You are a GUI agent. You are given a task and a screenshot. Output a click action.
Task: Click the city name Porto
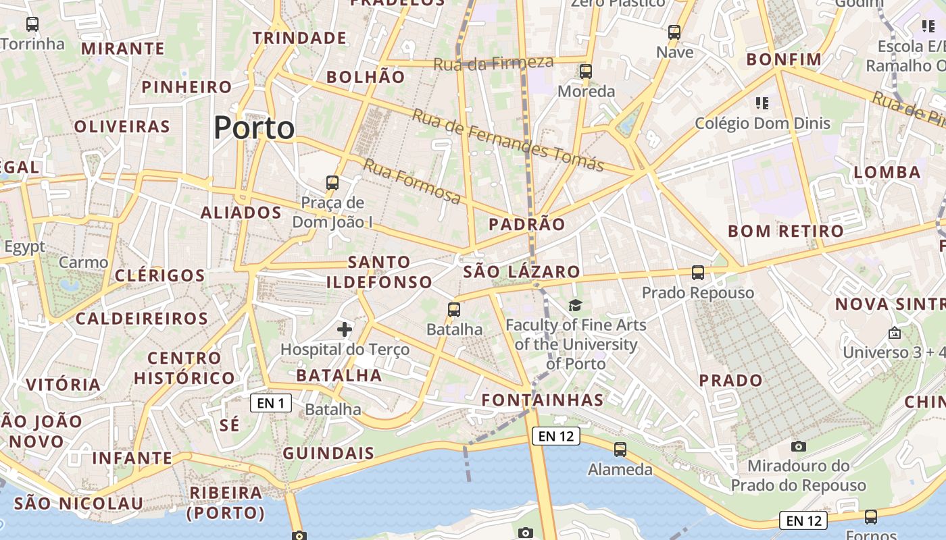click(254, 128)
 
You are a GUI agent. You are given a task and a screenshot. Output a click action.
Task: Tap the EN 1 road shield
click(271, 403)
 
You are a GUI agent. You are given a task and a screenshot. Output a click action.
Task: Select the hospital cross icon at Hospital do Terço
click(345, 329)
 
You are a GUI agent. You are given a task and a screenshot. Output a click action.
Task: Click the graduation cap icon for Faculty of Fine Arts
click(575, 306)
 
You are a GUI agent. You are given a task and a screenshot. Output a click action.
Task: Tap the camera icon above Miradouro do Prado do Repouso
click(798, 446)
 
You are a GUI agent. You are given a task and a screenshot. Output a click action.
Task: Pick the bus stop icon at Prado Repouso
click(698, 273)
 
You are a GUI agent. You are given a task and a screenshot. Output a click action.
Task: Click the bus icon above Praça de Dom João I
click(332, 182)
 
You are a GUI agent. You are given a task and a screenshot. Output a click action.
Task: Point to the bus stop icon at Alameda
click(620, 449)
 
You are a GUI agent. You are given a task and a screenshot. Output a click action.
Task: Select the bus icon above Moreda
click(585, 71)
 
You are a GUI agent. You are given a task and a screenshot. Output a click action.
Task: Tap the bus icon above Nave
click(674, 32)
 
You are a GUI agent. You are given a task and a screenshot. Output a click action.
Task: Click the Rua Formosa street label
click(412, 181)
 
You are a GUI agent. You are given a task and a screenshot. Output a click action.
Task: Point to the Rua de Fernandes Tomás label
click(507, 140)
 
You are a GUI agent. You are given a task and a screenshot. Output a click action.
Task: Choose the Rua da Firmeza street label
click(493, 63)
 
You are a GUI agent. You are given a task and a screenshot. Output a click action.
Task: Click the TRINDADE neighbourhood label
click(299, 38)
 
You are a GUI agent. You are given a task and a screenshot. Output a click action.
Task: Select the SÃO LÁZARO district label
click(521, 272)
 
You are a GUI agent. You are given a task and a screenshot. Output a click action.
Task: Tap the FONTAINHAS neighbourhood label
click(542, 400)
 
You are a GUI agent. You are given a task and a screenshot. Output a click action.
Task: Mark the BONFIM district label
click(784, 59)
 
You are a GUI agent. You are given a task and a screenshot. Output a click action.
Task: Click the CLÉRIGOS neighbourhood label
click(159, 275)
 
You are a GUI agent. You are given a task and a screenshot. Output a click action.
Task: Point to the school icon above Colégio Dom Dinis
click(762, 103)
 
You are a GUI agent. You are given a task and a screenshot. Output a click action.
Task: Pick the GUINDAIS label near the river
click(328, 453)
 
